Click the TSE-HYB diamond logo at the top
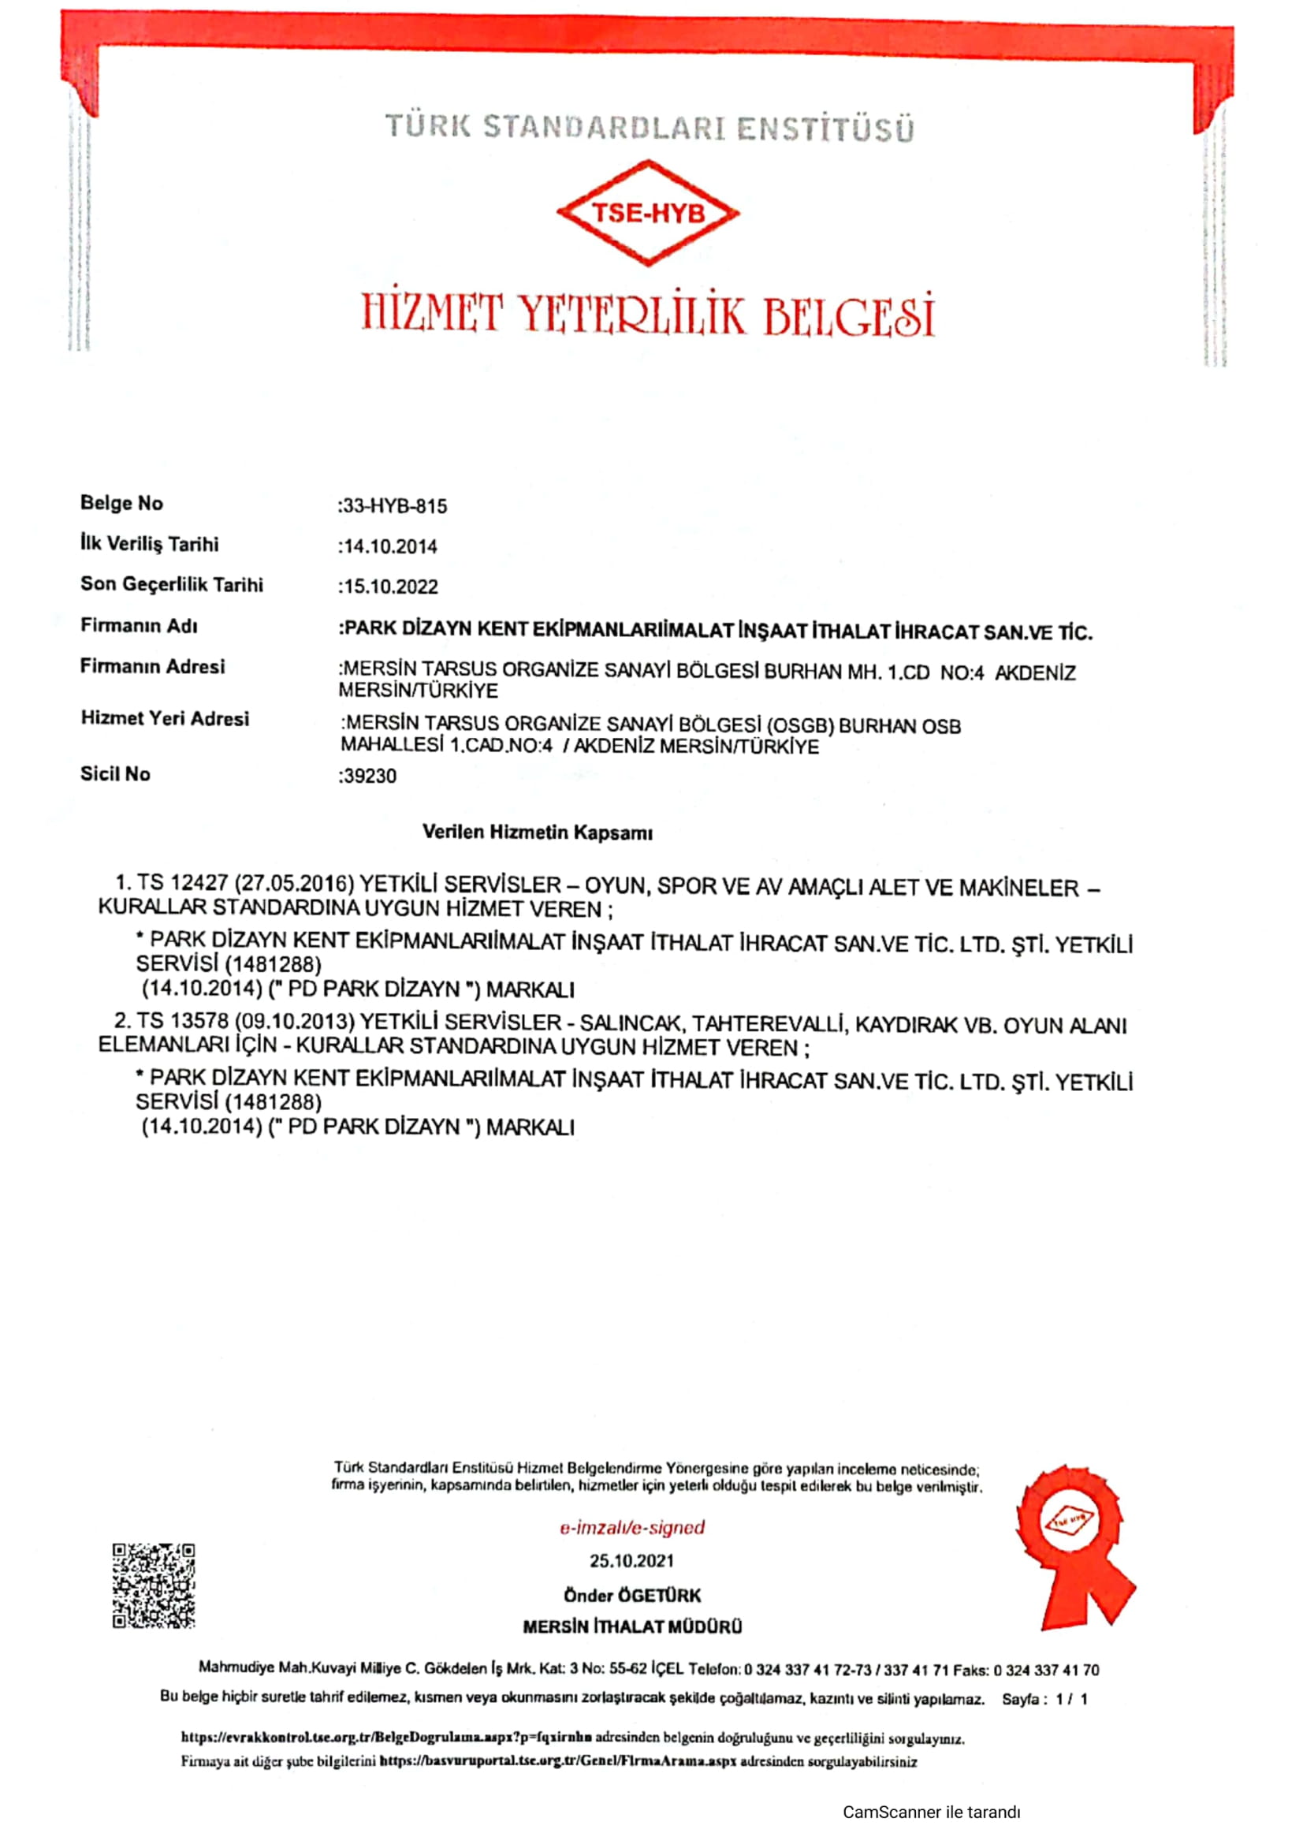pyautogui.click(x=648, y=213)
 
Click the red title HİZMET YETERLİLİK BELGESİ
pyautogui.click(x=648, y=315)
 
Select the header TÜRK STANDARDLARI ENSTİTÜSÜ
pyautogui.click(x=650, y=128)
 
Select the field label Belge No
pyautogui.click(x=121, y=504)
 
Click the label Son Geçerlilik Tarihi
pyautogui.click(x=172, y=585)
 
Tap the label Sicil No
pyautogui.click(x=115, y=774)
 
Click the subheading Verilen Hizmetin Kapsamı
pyautogui.click(x=537, y=833)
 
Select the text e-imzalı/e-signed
pyautogui.click(x=632, y=1527)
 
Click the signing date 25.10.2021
pyautogui.click(x=632, y=1560)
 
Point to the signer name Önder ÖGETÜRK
pyautogui.click(x=632, y=1595)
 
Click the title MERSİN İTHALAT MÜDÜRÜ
pyautogui.click(x=632, y=1627)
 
